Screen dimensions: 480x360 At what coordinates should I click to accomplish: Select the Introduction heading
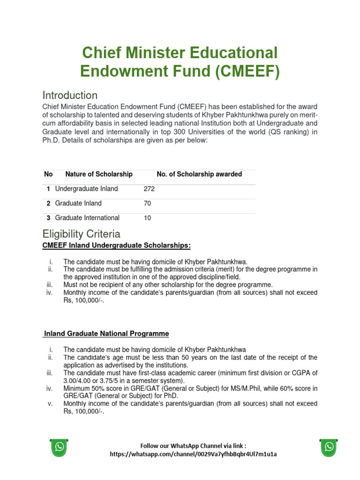[x=70, y=95]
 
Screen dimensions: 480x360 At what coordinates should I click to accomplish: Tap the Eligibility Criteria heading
[x=81, y=234]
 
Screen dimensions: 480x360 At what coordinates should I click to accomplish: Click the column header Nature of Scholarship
[x=99, y=174]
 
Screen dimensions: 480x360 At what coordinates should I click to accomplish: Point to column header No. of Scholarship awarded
[x=199, y=174]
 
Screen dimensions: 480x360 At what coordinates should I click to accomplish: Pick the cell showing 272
[x=149, y=189]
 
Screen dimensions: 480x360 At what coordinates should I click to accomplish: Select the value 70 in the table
[x=148, y=203]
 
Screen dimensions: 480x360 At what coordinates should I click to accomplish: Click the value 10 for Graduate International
[x=148, y=218]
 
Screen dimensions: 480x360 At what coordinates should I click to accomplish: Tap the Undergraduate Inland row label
[x=86, y=189]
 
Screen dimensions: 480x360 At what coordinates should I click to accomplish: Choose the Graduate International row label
[x=87, y=218]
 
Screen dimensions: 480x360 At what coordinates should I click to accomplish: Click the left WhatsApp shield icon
[x=60, y=448]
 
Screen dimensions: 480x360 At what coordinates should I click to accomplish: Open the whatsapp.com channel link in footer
[x=193, y=454]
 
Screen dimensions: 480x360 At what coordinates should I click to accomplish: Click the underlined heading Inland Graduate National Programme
[x=106, y=334]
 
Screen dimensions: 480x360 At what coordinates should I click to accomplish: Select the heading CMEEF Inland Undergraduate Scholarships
[x=117, y=246]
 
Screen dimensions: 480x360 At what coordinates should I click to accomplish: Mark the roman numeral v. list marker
[x=50, y=404]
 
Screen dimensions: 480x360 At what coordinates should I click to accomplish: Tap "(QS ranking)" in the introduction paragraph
[x=286, y=132]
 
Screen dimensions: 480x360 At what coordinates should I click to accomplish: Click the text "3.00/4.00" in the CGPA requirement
[x=78, y=381]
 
